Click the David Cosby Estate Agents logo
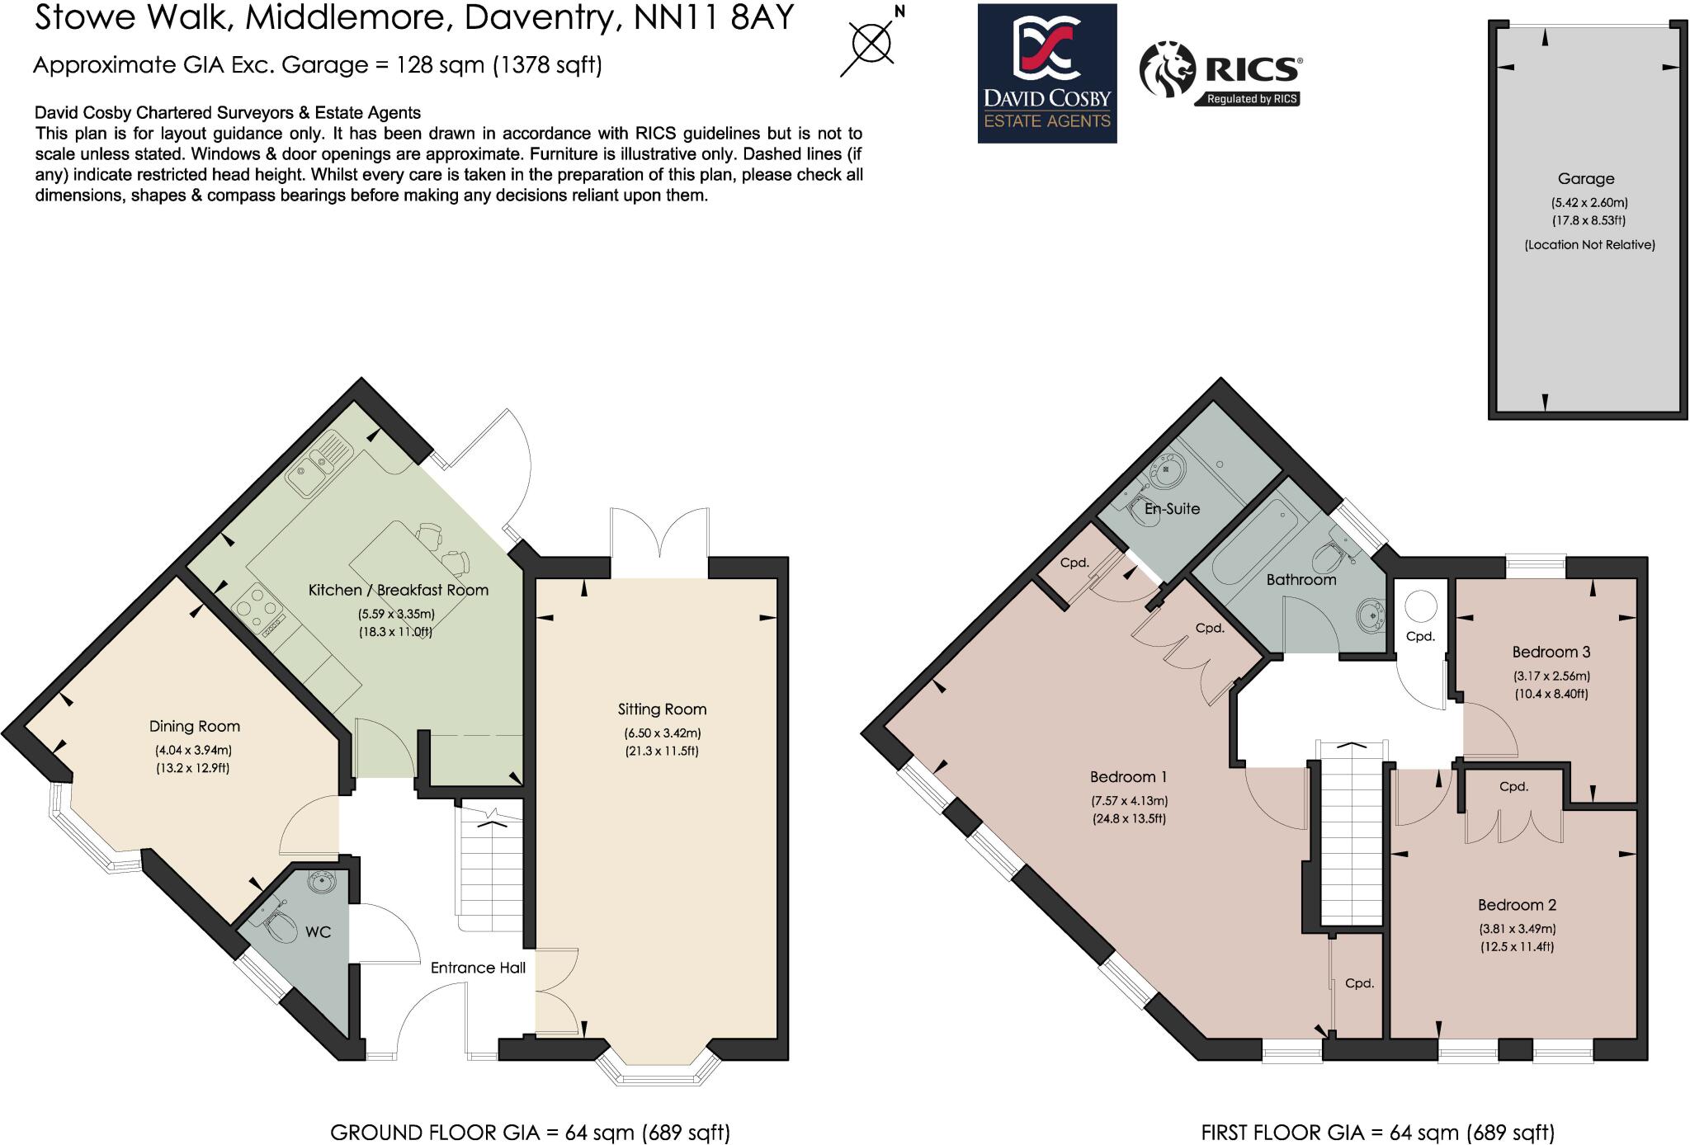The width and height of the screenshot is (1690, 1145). (x=1046, y=73)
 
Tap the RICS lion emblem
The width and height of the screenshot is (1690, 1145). (x=1167, y=71)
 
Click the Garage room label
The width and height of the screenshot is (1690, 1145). (x=1585, y=179)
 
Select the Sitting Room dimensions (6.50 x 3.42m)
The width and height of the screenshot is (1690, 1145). (x=662, y=733)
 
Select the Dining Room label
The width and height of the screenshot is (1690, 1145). (x=195, y=727)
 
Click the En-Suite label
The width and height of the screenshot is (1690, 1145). (x=1172, y=509)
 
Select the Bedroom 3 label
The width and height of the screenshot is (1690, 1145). (x=1551, y=653)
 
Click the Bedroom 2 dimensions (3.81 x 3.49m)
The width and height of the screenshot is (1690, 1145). (x=1517, y=929)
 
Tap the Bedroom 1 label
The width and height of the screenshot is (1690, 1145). (x=1128, y=777)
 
